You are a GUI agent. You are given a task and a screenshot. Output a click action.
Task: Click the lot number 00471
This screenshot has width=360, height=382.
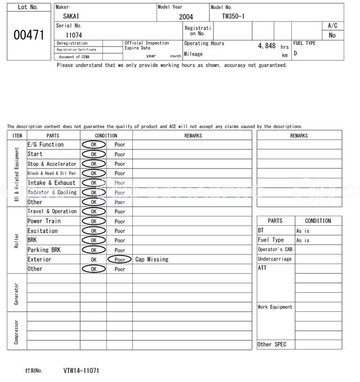pyautogui.click(x=28, y=35)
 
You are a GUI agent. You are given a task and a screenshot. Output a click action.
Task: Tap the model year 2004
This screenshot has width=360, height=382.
pyautogui.click(x=186, y=17)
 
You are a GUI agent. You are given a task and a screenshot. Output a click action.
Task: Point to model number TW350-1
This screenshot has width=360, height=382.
pyautogui.click(x=233, y=16)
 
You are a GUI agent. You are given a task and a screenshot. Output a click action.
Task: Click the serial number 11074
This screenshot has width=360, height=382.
pyautogui.click(x=74, y=35)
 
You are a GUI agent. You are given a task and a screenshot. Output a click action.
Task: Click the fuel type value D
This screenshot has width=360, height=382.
pyautogui.click(x=295, y=53)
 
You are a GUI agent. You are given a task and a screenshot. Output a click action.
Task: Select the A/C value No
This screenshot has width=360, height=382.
pyautogui.click(x=332, y=35)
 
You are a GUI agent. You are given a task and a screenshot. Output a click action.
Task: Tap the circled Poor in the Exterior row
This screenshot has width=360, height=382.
pyautogui.click(x=119, y=260)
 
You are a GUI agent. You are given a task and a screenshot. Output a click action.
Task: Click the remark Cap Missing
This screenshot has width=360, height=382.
pyautogui.click(x=152, y=260)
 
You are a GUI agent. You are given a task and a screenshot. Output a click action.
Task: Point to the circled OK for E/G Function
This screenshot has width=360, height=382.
pyautogui.click(x=93, y=144)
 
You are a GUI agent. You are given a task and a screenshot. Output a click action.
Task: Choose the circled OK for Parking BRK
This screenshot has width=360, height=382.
pyautogui.click(x=93, y=250)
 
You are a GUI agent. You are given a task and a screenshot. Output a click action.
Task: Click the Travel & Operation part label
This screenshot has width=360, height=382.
pyautogui.click(x=52, y=211)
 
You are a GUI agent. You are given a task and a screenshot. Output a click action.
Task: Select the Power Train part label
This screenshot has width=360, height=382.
pyautogui.click(x=44, y=221)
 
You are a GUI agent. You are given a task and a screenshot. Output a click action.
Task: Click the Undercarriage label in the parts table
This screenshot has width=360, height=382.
pyautogui.click(x=274, y=259)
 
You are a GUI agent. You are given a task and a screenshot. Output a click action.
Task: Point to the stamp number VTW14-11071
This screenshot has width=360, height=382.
pyautogui.click(x=82, y=371)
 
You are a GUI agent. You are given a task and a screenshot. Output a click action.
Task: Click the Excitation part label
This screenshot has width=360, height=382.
pyautogui.click(x=43, y=230)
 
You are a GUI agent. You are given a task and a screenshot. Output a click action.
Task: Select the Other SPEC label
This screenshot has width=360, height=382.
pyautogui.click(x=272, y=344)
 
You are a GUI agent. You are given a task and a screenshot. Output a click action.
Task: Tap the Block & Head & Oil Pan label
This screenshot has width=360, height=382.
pyautogui.click(x=51, y=173)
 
